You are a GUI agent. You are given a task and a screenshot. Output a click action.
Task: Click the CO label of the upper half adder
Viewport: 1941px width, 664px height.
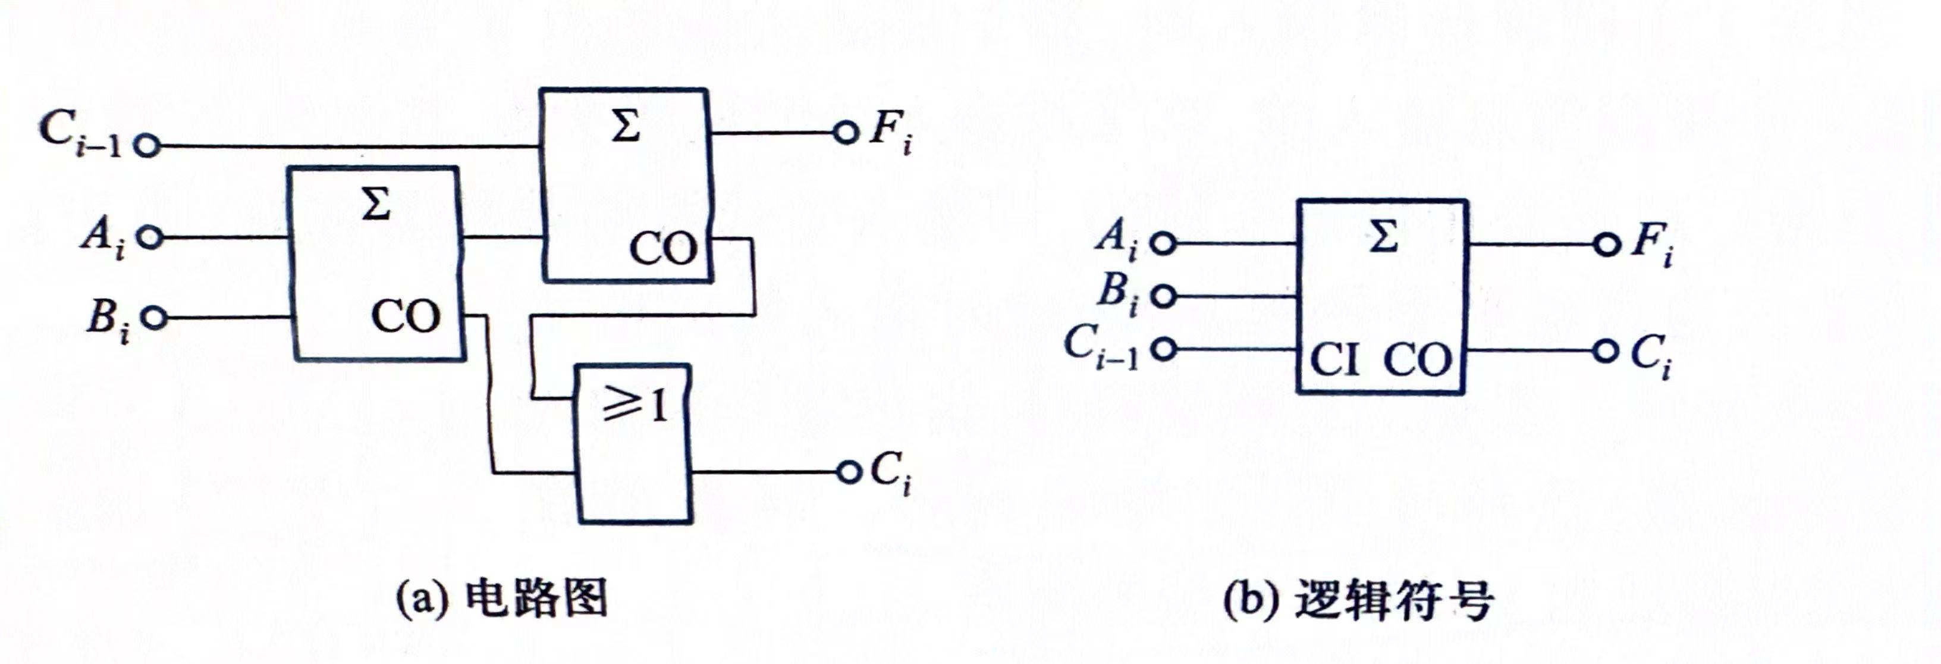[x=663, y=249]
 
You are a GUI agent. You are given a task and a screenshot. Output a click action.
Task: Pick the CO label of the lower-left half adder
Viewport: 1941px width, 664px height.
[x=406, y=317]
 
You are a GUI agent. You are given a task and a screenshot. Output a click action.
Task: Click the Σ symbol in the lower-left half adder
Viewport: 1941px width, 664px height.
[x=376, y=203]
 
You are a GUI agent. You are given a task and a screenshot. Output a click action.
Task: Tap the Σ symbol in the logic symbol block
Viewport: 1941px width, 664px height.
[x=1382, y=237]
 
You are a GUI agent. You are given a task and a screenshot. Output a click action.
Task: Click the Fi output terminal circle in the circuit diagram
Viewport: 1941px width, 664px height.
[x=846, y=133]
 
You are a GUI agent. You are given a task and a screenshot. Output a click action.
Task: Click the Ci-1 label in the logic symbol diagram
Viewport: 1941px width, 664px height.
[x=1100, y=347]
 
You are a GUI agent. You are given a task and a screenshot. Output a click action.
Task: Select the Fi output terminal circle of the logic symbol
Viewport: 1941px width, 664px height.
[x=1606, y=245]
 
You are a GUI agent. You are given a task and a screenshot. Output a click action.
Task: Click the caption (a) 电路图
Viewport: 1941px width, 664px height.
[x=502, y=599]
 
